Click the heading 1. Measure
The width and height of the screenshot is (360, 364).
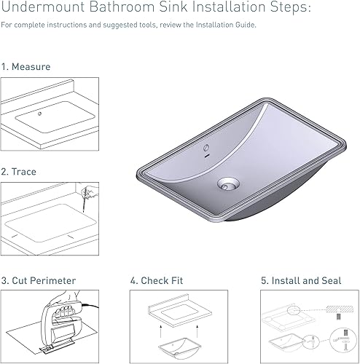tap(26, 67)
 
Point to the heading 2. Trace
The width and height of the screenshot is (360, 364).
tap(19, 172)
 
